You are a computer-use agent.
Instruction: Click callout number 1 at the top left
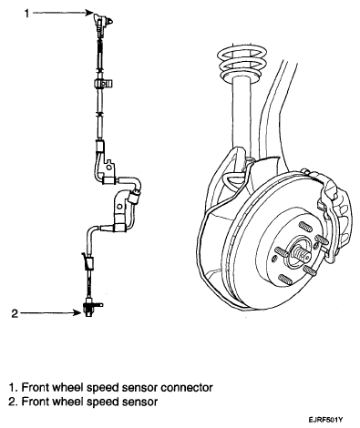point(27,13)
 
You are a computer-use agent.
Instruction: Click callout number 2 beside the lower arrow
point(15,313)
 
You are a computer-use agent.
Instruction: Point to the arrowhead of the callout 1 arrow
point(89,13)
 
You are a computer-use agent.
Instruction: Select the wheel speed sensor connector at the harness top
point(102,22)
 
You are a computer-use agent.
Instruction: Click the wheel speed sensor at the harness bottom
point(90,308)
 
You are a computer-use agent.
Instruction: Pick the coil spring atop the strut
point(242,62)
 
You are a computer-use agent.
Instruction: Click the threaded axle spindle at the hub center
point(302,252)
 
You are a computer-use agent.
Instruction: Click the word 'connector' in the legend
point(187,388)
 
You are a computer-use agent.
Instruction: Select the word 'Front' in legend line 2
point(35,402)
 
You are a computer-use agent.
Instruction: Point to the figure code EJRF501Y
point(326,420)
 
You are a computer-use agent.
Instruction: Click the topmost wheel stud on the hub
point(306,227)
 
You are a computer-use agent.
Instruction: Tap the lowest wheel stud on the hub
point(285,279)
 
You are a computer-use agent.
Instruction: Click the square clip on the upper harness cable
point(103,84)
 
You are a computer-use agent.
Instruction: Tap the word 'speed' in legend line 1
point(101,388)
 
